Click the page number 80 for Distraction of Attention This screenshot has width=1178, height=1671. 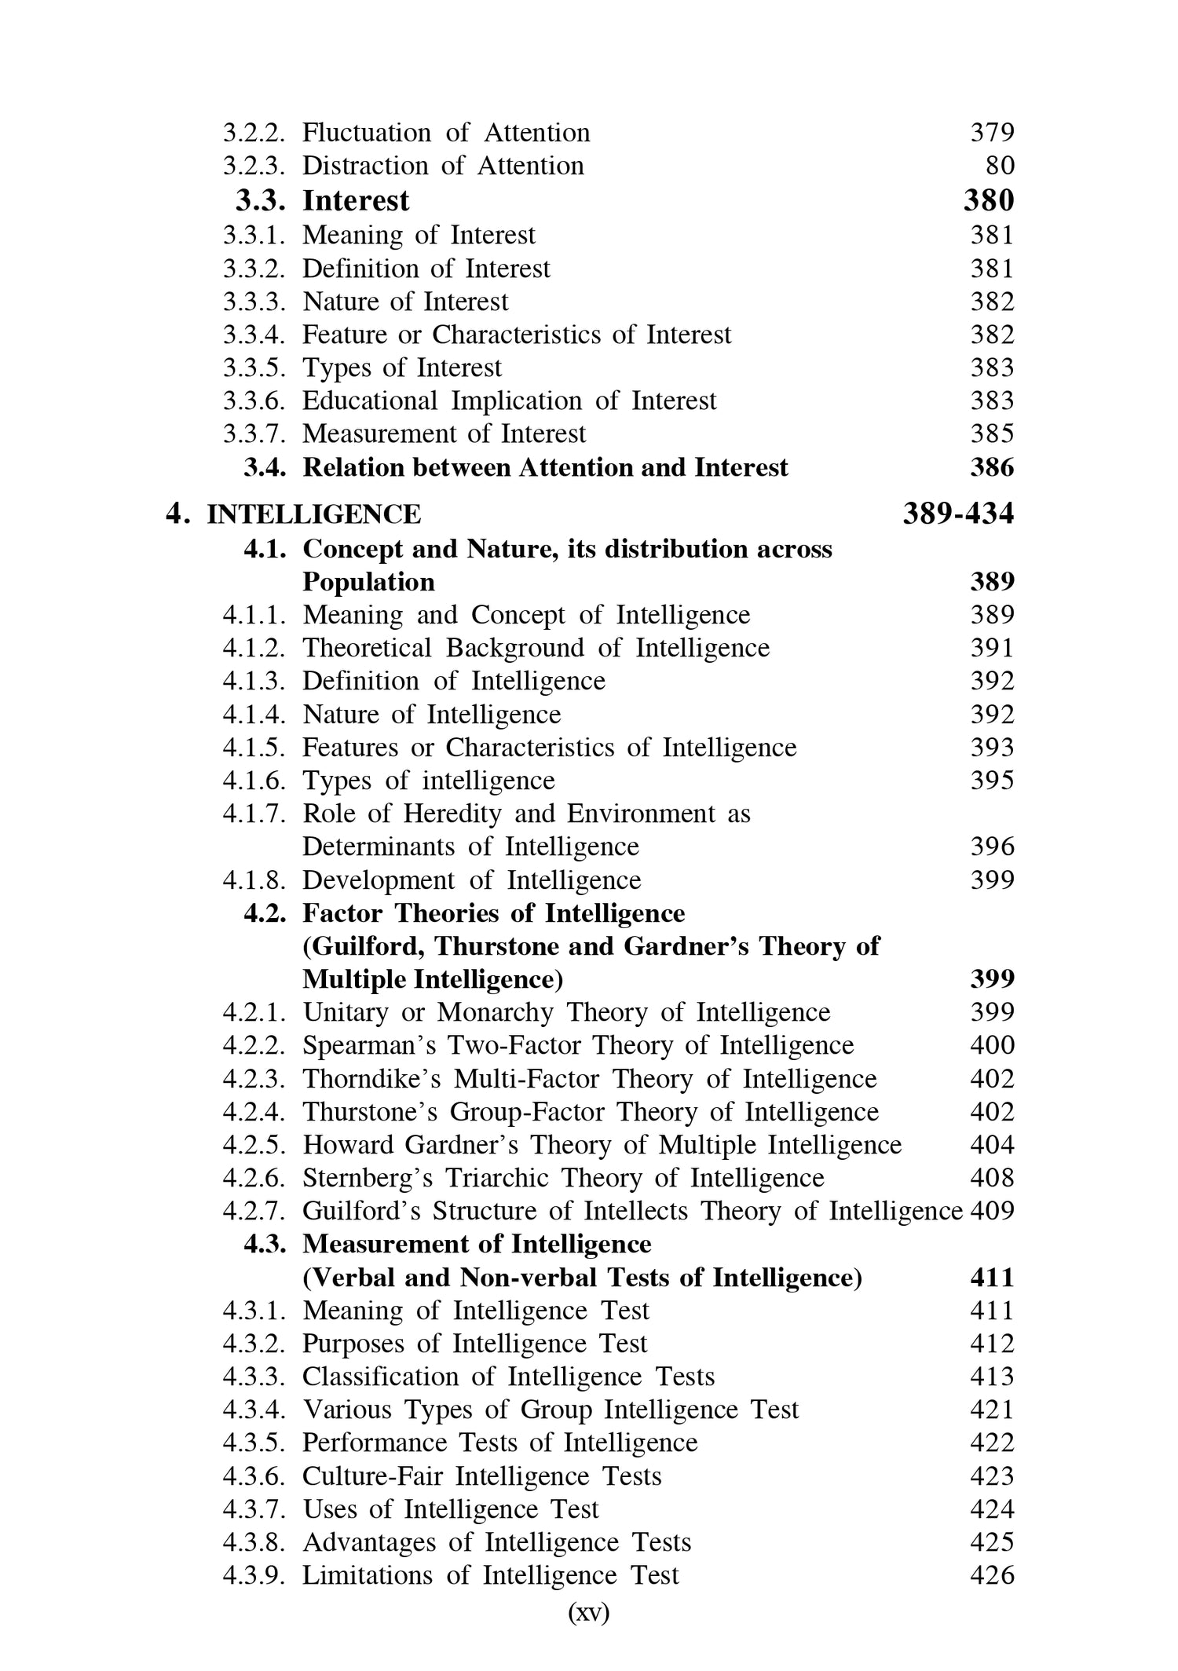1000,166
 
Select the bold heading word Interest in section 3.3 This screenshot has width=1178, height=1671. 356,201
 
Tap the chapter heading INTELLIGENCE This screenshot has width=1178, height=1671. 313,514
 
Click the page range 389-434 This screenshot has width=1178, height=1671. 958,514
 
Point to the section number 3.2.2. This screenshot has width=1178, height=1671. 254,133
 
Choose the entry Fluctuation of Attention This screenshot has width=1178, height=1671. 446,133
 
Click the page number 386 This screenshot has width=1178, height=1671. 992,468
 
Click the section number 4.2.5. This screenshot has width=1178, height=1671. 254,1145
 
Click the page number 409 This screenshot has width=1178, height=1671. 993,1211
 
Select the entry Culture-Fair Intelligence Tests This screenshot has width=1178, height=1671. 481,1476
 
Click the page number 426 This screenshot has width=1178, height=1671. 992,1575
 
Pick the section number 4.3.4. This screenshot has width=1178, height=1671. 254,1410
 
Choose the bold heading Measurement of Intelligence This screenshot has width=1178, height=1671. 477,1245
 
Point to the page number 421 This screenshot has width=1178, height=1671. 992,1410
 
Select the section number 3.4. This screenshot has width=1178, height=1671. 265,468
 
